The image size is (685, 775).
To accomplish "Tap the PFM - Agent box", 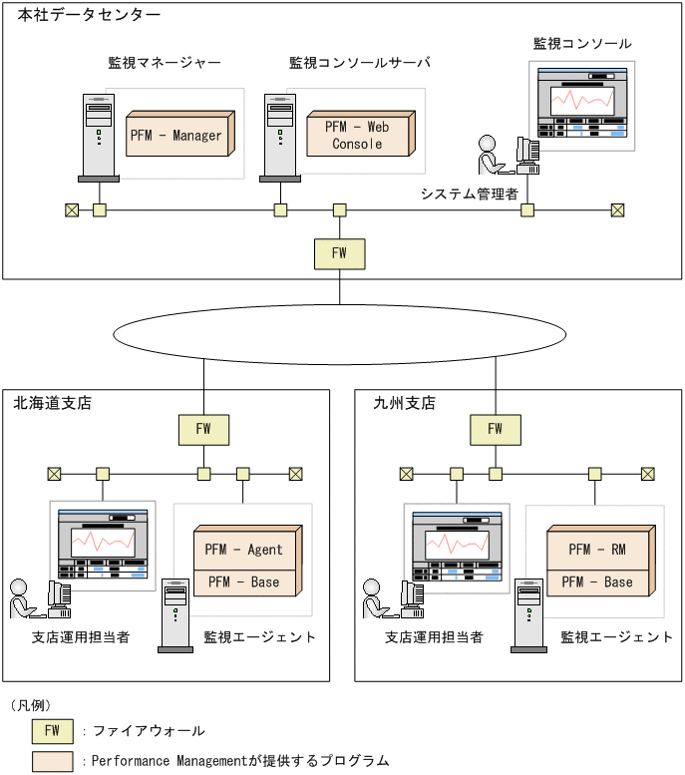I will (244, 549).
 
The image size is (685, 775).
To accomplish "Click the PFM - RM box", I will (597, 549).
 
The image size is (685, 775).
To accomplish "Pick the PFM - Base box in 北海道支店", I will (244, 581).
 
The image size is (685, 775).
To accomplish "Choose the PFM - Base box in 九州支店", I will (597, 581).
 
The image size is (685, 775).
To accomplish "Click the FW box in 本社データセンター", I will (339, 253).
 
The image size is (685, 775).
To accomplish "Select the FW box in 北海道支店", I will (203, 429).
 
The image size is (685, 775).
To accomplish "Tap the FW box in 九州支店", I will (496, 429).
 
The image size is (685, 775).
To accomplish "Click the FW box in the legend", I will (52, 731).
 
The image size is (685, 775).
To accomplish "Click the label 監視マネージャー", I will (165, 62).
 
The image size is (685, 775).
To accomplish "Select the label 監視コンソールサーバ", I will (360, 62).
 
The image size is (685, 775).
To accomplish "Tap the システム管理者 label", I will (470, 194).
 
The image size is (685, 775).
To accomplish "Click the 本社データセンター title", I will (89, 15).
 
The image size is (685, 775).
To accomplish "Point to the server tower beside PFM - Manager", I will (99, 138).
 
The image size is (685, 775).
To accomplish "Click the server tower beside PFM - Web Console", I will (280, 138).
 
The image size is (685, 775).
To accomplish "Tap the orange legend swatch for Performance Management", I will (52, 761).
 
